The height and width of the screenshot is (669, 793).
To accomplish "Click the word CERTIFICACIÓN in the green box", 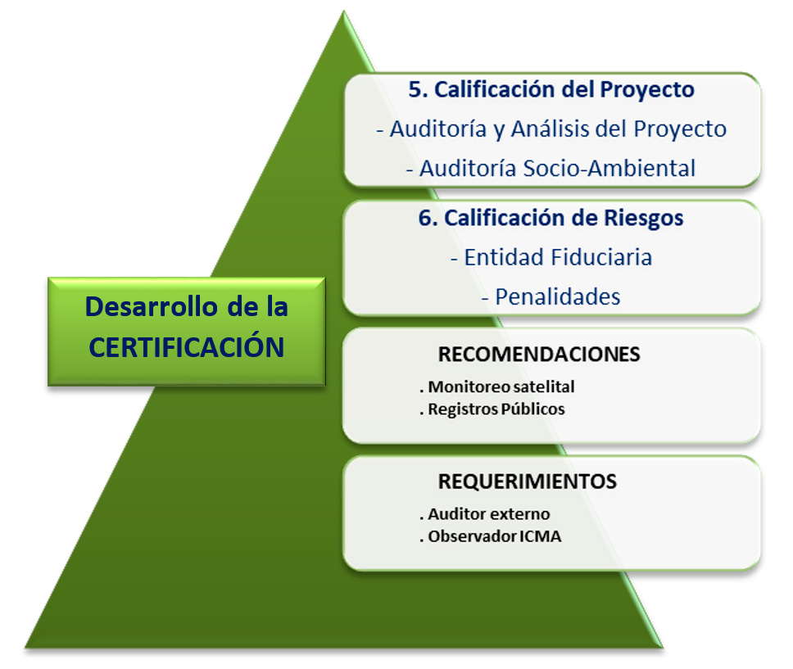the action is pos(187,346).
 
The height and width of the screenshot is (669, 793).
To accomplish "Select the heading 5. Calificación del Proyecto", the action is pos(551,89).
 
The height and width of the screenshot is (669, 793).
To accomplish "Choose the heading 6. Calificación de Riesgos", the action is pos(551,218).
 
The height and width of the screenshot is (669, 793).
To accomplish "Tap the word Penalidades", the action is pos(557,296).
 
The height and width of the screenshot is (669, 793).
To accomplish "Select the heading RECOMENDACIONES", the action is pos(539,355).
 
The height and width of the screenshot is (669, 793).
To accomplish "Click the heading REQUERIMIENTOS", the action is pos(528,481).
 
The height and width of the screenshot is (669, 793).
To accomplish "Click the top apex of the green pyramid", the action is pos(344,11).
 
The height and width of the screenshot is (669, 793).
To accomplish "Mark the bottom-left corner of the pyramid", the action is pos(25,647).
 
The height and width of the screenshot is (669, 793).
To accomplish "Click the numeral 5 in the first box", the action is pos(415,89).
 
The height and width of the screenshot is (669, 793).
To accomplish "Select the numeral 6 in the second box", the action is pos(425,218).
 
